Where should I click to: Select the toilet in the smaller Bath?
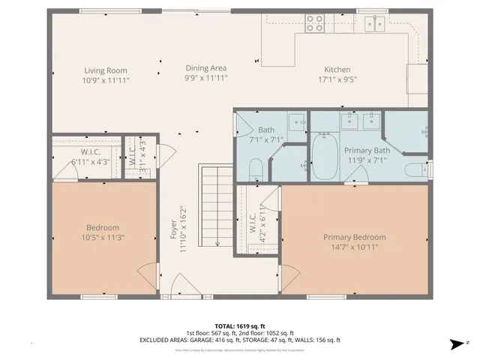253,168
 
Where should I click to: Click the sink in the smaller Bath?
296,121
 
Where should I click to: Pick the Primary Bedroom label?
355,237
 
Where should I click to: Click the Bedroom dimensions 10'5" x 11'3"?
102,238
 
